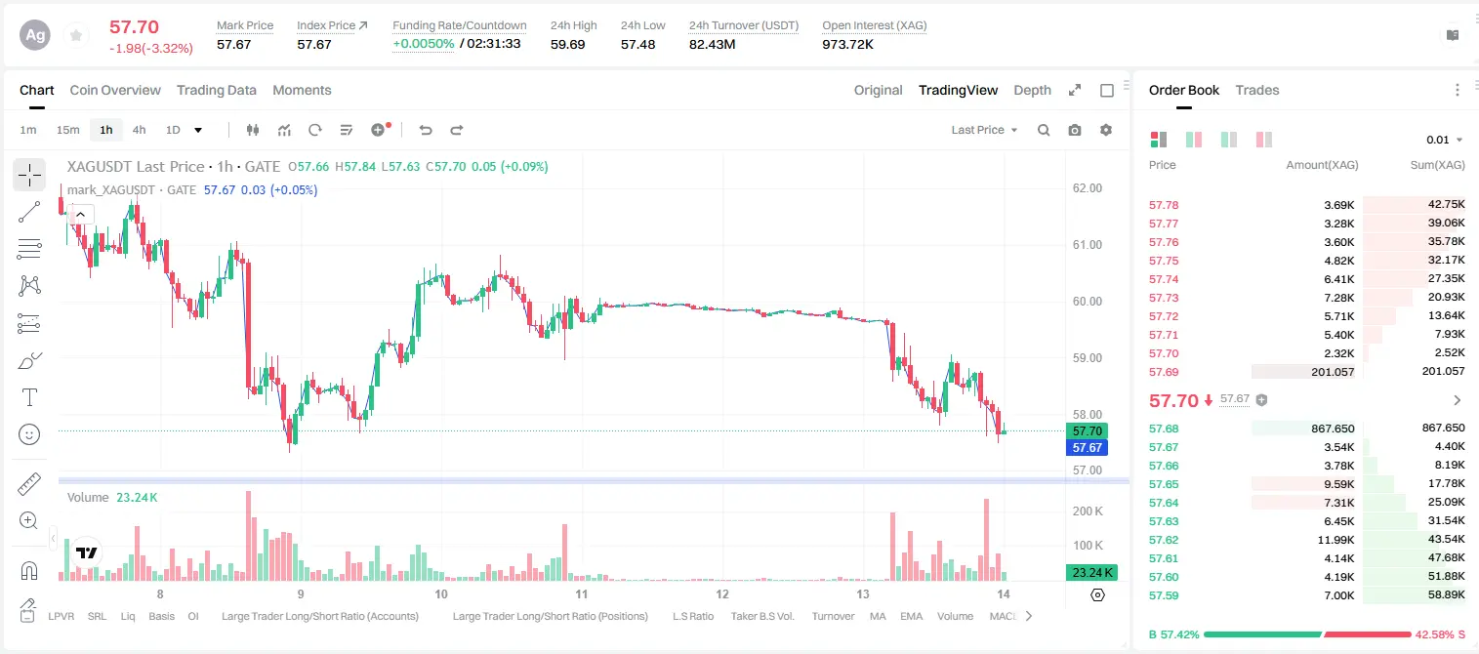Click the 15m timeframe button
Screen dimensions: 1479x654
pyautogui.click(x=67, y=130)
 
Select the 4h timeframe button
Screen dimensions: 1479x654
pyautogui.click(x=139, y=130)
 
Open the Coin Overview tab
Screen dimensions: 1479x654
pyautogui.click(x=115, y=90)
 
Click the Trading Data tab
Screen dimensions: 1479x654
pyautogui.click(x=216, y=90)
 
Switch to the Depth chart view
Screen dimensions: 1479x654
pyautogui.click(x=1032, y=90)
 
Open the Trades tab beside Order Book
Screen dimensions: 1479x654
pyautogui.click(x=1256, y=90)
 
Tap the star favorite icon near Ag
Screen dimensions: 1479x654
pyautogui.click(x=76, y=35)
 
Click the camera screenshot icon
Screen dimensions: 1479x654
pyautogui.click(x=1074, y=130)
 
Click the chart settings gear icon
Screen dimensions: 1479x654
pyautogui.click(x=1106, y=130)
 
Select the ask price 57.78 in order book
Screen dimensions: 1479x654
pyautogui.click(x=1164, y=205)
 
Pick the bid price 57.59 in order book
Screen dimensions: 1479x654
pyautogui.click(x=1164, y=595)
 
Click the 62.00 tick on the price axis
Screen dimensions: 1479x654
pyautogui.click(x=1087, y=188)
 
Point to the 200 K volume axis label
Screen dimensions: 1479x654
pyautogui.click(x=1088, y=511)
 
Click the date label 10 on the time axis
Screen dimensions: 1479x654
pyautogui.click(x=441, y=593)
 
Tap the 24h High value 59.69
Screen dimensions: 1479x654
pyautogui.click(x=568, y=44)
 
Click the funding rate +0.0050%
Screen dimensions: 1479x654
pyautogui.click(x=424, y=44)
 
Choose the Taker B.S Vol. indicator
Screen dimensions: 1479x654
pyautogui.click(x=761, y=616)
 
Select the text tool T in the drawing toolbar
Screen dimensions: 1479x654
pyautogui.click(x=29, y=397)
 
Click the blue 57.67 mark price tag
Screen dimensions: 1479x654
pyautogui.click(x=1087, y=447)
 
